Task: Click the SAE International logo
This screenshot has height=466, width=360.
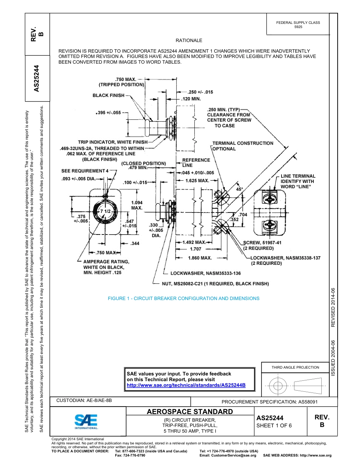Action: (x=86, y=421)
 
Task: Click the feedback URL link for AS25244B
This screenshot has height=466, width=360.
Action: (x=186, y=385)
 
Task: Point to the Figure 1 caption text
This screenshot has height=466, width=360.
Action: (x=183, y=299)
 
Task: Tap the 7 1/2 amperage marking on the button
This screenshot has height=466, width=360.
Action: (x=105, y=211)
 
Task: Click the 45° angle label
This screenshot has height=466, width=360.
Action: (x=239, y=189)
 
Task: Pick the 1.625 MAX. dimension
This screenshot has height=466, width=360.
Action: (x=197, y=181)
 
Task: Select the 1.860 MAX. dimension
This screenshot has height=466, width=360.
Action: (x=200, y=258)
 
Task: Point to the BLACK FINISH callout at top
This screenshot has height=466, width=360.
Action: (x=108, y=95)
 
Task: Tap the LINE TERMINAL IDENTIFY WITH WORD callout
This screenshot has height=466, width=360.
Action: (x=298, y=181)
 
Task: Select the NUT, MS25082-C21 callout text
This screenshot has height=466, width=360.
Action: (x=215, y=283)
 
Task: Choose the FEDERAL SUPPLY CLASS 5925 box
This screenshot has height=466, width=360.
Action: (x=298, y=25)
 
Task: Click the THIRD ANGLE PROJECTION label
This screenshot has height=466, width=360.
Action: (x=295, y=367)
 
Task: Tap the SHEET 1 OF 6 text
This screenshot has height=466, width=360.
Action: (x=274, y=425)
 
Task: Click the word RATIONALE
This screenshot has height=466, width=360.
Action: (x=189, y=41)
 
